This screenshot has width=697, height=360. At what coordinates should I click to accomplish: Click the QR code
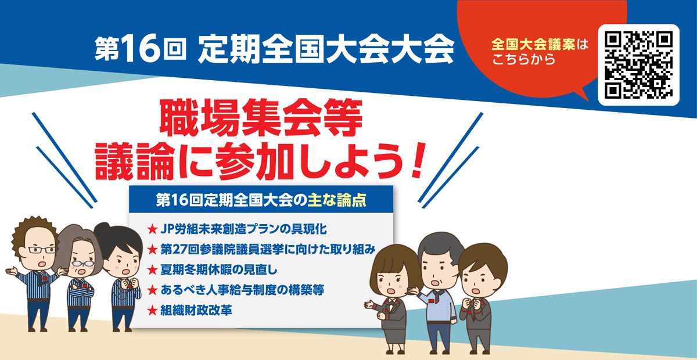tap(638, 64)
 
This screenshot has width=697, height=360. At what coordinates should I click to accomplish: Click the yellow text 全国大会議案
tap(533, 45)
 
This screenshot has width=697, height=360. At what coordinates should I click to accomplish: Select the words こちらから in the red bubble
tap(524, 59)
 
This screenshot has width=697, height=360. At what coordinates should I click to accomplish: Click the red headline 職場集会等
tap(261, 118)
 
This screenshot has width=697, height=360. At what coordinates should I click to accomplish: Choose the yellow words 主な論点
tap(337, 200)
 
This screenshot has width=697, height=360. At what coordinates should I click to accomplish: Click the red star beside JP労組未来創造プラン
tap(152, 229)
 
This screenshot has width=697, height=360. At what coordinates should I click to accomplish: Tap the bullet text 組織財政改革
tap(196, 310)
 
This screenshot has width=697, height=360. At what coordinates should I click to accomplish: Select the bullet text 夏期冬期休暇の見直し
tap(219, 270)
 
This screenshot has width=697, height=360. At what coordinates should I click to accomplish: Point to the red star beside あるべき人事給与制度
tap(152, 290)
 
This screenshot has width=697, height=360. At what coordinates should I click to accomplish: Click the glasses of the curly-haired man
tap(42, 250)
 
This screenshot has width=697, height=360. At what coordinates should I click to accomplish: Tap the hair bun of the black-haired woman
tap(101, 229)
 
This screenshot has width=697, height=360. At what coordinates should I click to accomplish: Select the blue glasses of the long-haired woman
tap(82, 264)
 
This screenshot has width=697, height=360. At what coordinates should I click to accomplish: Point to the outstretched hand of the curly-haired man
tap(11, 271)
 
